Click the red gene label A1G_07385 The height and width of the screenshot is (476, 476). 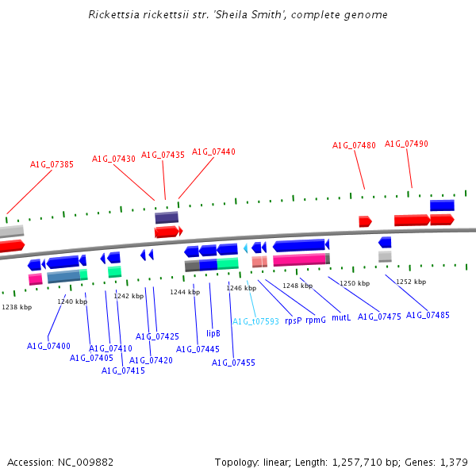click(x=52, y=165)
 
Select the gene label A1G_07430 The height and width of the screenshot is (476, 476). click(x=113, y=159)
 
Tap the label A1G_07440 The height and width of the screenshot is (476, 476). click(x=213, y=152)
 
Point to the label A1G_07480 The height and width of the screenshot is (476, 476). click(x=354, y=145)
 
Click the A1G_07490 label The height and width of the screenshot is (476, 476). click(x=406, y=144)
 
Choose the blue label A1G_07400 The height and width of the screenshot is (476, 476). click(x=48, y=346)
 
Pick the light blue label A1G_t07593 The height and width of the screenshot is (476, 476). click(x=255, y=321)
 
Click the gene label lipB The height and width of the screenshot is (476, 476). click(x=213, y=333)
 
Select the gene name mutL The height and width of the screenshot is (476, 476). click(x=341, y=317)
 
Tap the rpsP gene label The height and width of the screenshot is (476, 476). click(x=293, y=321)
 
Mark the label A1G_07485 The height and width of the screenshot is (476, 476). click(x=428, y=315)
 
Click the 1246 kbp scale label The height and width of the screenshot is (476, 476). click(x=241, y=288)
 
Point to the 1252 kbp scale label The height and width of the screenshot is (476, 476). click(x=411, y=282)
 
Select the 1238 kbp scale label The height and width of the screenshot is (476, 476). click(x=17, y=307)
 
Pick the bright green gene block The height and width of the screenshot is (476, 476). click(x=228, y=263)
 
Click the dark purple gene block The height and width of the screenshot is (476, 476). click(x=167, y=217)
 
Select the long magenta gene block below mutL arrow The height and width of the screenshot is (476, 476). click(x=299, y=259)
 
